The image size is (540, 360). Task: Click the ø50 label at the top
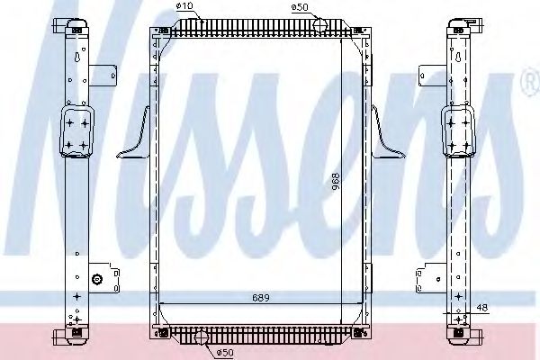click(301, 8)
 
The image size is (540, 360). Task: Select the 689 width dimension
click(261, 297)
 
